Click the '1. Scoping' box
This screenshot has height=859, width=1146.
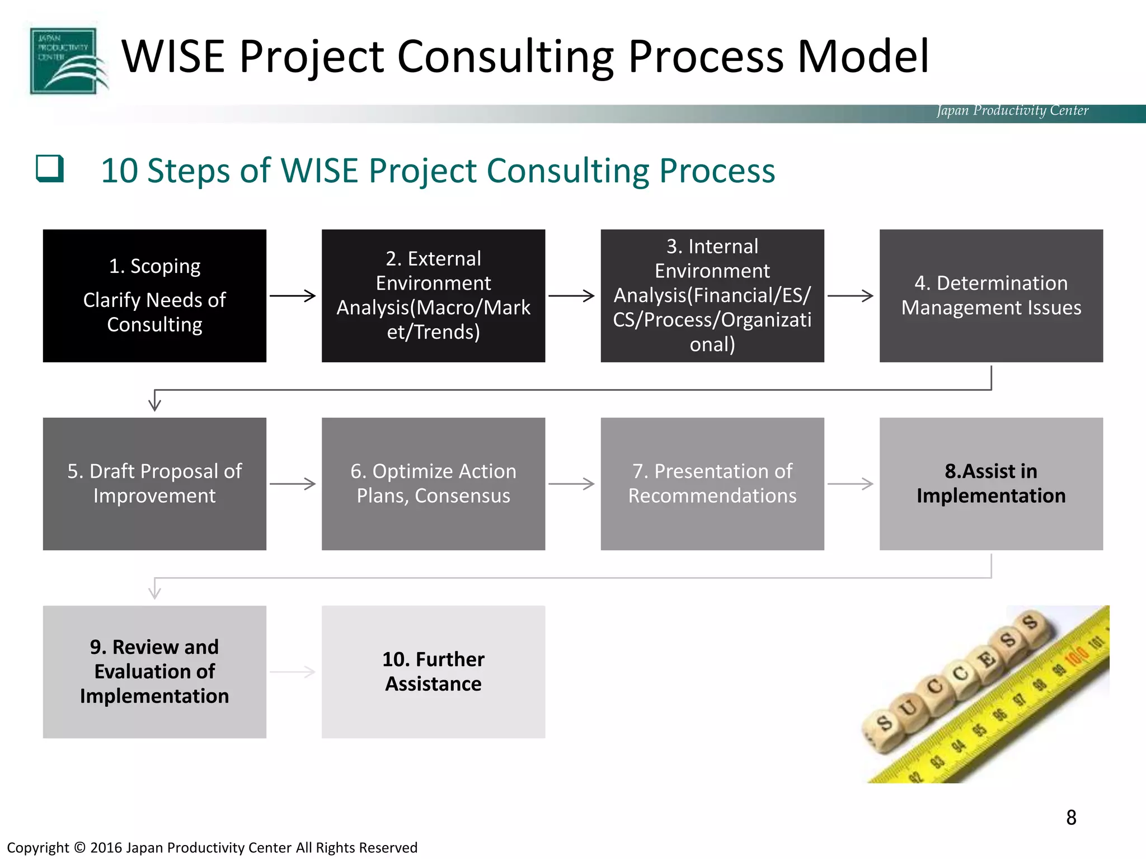tap(154, 296)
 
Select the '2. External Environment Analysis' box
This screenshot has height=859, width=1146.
tap(433, 296)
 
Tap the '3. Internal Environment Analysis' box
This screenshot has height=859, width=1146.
tap(712, 296)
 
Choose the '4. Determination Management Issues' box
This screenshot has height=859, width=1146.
tap(991, 296)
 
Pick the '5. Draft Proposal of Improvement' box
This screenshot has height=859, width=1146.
tap(154, 484)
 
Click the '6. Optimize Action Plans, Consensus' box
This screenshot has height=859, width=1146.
tap(433, 484)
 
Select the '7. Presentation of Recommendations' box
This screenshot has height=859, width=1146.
tap(712, 484)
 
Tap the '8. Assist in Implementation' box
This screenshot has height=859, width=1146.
tap(991, 484)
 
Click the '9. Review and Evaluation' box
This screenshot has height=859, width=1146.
tap(154, 672)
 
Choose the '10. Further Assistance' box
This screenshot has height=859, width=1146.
tap(433, 672)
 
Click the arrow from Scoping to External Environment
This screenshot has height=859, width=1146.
tap(293, 296)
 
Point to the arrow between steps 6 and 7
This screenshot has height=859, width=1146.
tap(571, 484)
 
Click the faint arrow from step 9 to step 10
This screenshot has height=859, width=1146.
tap(293, 672)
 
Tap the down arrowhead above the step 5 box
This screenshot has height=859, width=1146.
tap(155, 404)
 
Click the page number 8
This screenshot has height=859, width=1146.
tap(1071, 818)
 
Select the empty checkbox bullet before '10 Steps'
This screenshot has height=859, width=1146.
tap(50, 168)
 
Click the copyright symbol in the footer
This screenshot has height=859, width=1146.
tap(79, 848)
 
